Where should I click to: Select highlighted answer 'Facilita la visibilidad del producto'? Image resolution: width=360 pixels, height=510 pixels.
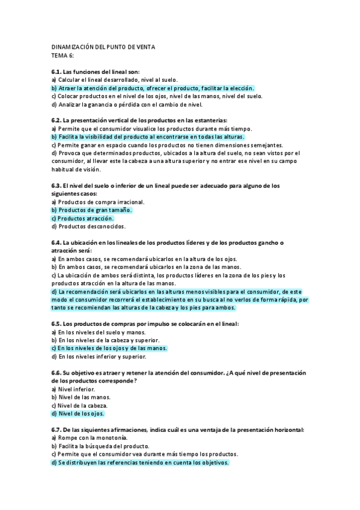[143, 137]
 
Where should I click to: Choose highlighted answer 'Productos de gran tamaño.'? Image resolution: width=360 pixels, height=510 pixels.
[91, 210]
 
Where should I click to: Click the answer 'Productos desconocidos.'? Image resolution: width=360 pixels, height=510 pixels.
[88, 227]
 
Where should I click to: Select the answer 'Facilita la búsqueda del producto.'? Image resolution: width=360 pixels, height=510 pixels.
[100, 446]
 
